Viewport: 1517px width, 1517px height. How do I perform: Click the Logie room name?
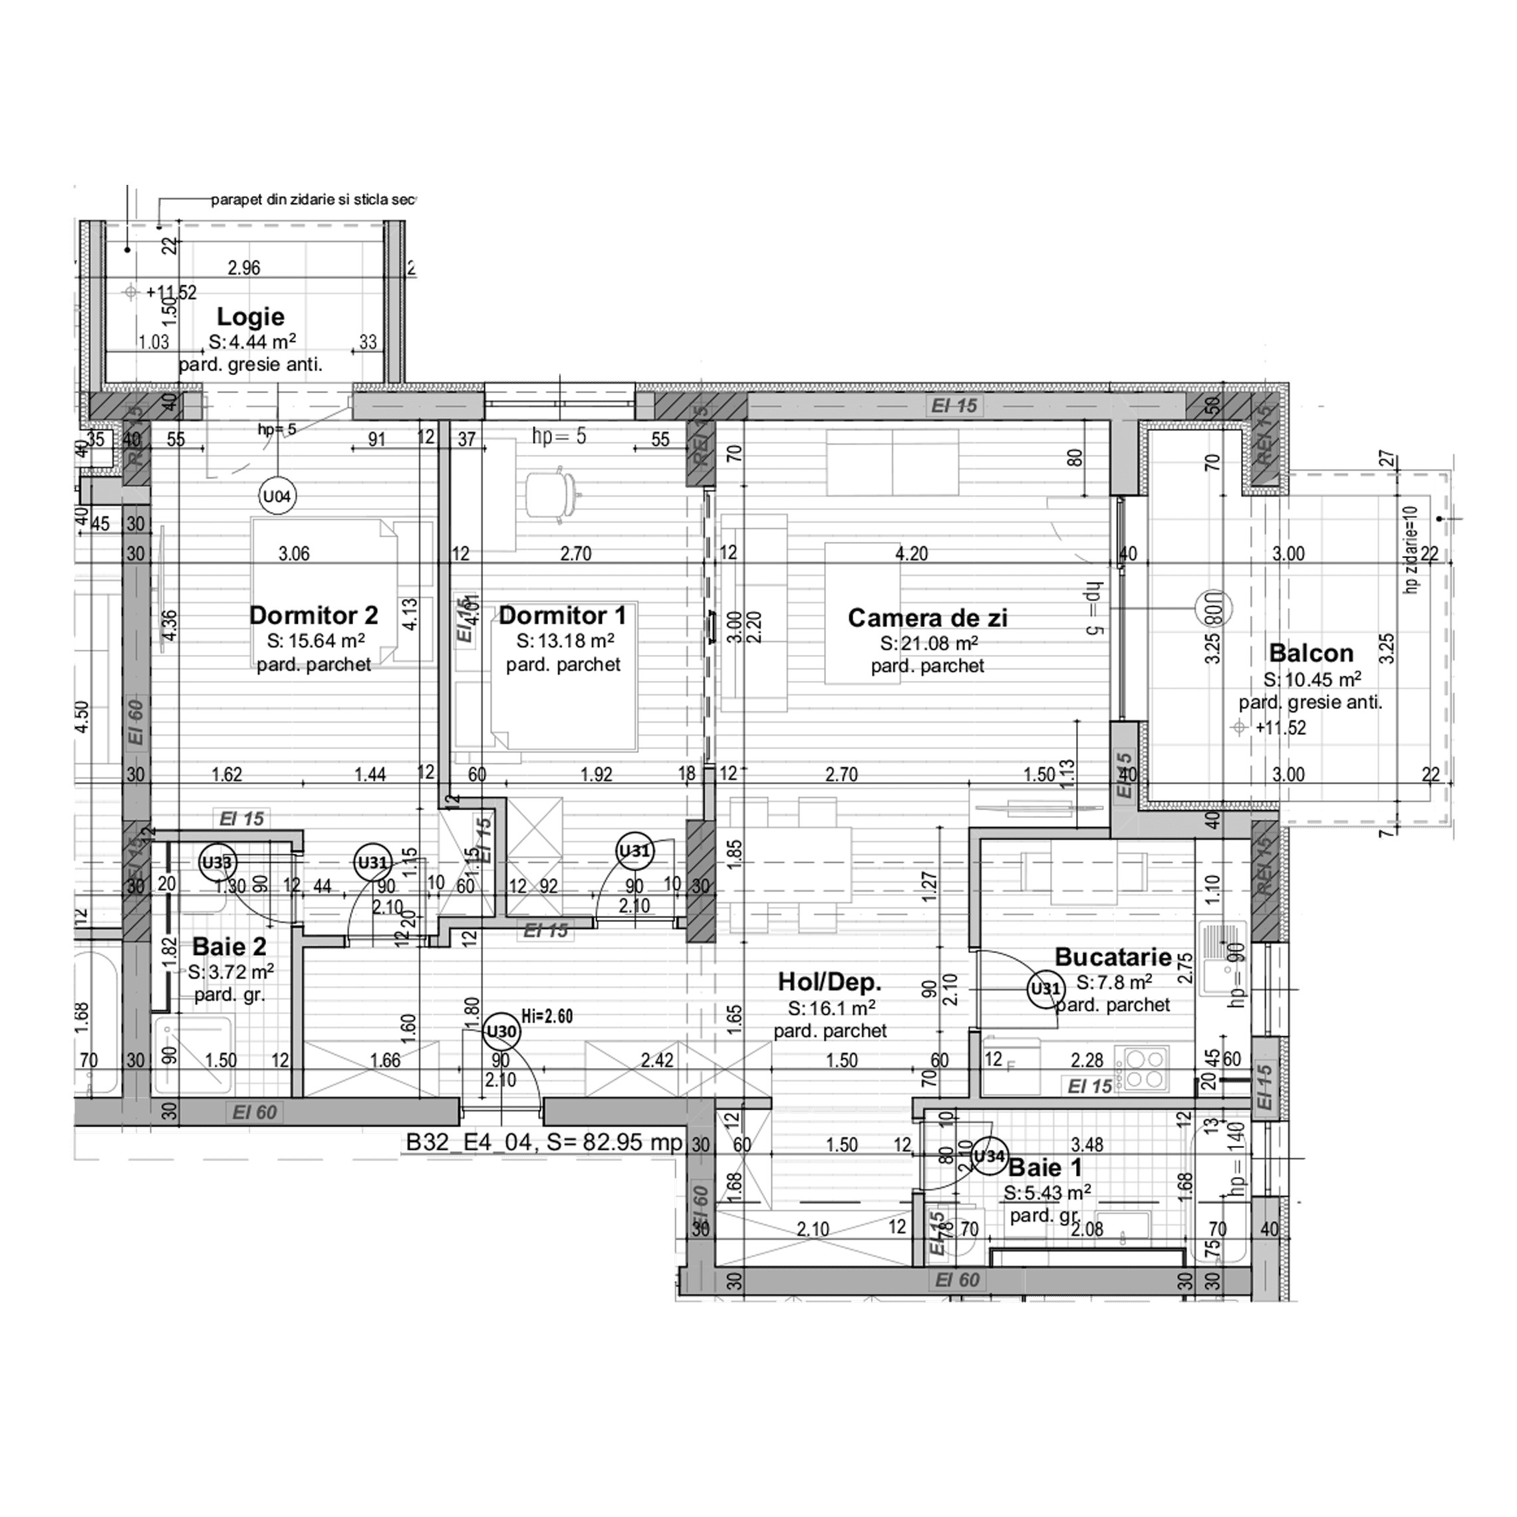click(251, 317)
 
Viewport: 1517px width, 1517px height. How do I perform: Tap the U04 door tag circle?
click(277, 496)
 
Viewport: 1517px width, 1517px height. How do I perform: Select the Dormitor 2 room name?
click(313, 615)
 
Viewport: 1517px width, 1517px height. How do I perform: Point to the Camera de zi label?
click(927, 618)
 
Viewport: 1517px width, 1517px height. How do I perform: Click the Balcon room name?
click(1310, 653)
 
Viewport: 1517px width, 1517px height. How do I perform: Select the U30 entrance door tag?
click(501, 1032)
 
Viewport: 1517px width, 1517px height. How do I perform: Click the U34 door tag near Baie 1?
click(988, 1156)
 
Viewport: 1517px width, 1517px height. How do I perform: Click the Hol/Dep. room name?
click(830, 982)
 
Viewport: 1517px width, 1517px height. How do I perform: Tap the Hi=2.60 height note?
click(547, 1017)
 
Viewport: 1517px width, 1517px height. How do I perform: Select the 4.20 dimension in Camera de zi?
click(912, 553)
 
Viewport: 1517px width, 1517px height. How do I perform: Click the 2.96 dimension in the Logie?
click(243, 268)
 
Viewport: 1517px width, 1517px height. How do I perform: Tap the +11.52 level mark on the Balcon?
click(1280, 728)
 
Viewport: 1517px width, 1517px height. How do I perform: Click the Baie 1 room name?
click(1044, 1168)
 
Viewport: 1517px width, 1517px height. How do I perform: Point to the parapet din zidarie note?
click(312, 200)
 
